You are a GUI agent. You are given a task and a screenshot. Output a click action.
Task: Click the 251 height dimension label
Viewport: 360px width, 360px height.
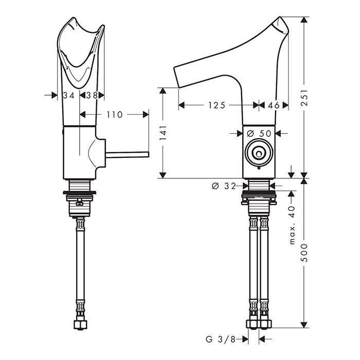tap(304, 97)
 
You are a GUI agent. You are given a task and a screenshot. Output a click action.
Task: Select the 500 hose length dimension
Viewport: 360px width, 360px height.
tap(304, 253)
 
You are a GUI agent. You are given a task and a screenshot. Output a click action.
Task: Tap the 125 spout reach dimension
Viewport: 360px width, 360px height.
tap(217, 105)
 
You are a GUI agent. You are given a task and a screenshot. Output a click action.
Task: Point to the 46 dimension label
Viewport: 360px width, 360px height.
tap(274, 105)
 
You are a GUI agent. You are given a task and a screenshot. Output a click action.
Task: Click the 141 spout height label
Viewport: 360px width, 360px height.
tap(163, 133)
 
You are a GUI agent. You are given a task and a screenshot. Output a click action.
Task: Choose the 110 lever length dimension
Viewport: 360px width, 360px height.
tap(115, 115)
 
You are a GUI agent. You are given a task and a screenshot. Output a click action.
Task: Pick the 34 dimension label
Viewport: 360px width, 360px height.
tap(68, 95)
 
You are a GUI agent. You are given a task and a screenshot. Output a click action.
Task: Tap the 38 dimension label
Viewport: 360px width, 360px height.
tap(92, 95)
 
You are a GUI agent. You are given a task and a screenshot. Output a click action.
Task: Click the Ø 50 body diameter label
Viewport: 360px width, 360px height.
tap(259, 133)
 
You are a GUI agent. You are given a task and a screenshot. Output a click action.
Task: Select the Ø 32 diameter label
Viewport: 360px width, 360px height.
tap(224, 186)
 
